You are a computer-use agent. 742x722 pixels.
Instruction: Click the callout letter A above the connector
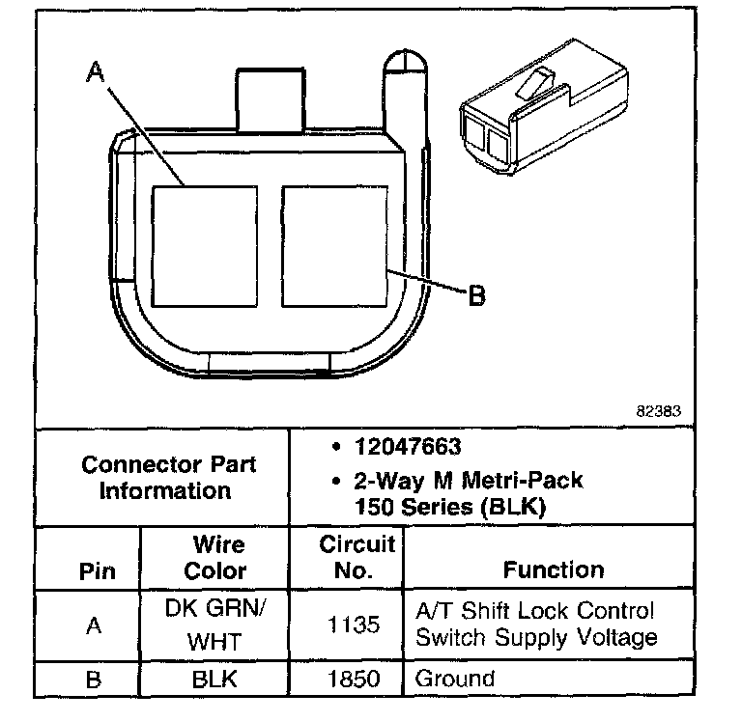coord(95,71)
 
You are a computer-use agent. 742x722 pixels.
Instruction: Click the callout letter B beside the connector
coord(476,296)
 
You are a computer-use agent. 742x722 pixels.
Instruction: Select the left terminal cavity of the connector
coord(205,246)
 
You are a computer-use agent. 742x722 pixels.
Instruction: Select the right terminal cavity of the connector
coord(335,246)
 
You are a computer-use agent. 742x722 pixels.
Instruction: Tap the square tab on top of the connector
coord(271,99)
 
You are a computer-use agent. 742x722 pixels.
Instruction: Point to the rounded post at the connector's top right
coord(406,95)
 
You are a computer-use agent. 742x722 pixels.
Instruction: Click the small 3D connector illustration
coord(544,107)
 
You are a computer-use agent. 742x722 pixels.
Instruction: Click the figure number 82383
coord(658,411)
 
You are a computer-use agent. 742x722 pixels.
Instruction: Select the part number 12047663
coord(408,447)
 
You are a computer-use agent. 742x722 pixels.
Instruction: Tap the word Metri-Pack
coord(523,481)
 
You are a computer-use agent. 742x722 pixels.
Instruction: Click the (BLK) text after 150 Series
coord(513,508)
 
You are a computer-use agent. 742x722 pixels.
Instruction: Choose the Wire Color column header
coord(216,558)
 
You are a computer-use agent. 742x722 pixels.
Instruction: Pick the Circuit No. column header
coord(357,557)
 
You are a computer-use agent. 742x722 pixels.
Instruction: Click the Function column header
coord(554,569)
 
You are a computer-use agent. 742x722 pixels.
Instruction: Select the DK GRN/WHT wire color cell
coord(215,625)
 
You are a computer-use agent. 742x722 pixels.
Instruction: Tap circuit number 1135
coord(354,625)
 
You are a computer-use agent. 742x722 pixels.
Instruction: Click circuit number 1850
coord(354,679)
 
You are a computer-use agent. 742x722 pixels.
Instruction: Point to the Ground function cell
coord(455,679)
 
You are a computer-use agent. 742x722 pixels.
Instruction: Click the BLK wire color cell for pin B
coord(214,680)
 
